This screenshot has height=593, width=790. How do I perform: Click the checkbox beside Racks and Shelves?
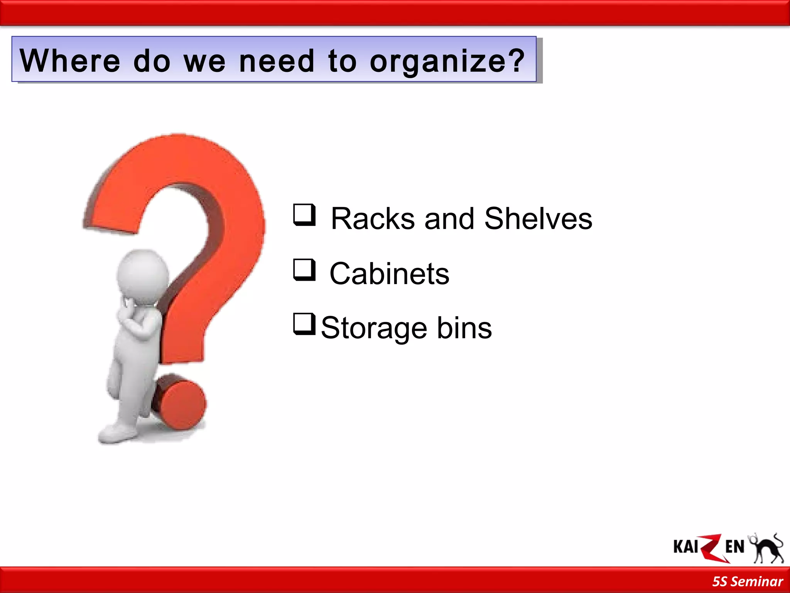click(304, 215)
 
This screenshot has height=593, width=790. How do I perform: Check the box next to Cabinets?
click(304, 269)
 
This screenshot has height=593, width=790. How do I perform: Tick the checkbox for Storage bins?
click(304, 324)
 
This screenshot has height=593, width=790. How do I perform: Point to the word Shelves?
click(538, 219)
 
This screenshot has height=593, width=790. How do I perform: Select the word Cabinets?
click(389, 274)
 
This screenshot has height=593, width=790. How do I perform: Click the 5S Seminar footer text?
click(747, 581)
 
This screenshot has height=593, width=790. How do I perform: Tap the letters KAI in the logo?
click(685, 547)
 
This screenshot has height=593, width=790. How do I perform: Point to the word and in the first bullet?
click(449, 219)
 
